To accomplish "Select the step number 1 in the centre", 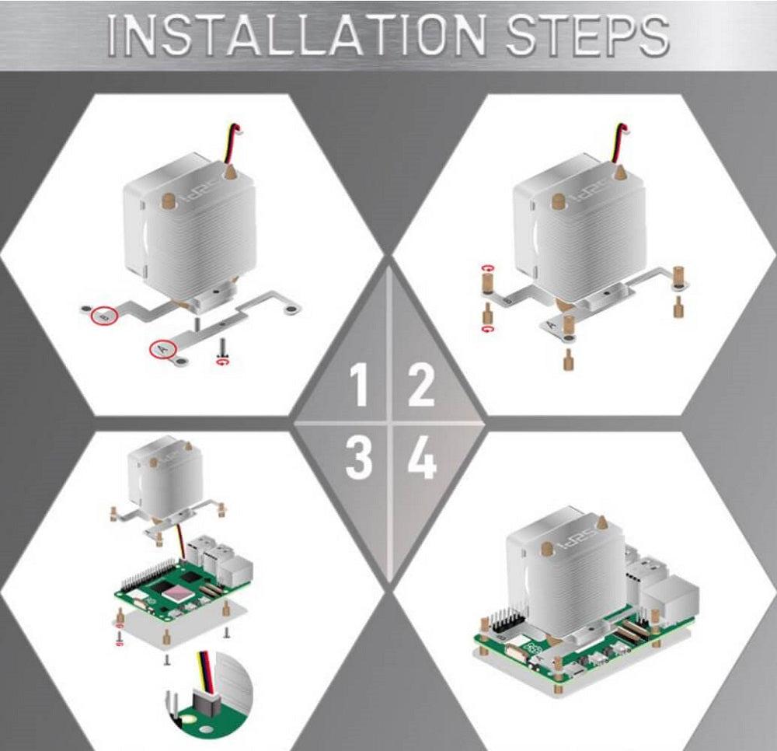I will (x=358, y=386).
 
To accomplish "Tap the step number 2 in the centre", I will (x=420, y=386).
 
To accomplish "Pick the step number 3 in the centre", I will (x=358, y=459).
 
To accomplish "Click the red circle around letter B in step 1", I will (x=104, y=316).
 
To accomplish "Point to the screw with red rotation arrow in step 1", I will (x=223, y=348).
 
